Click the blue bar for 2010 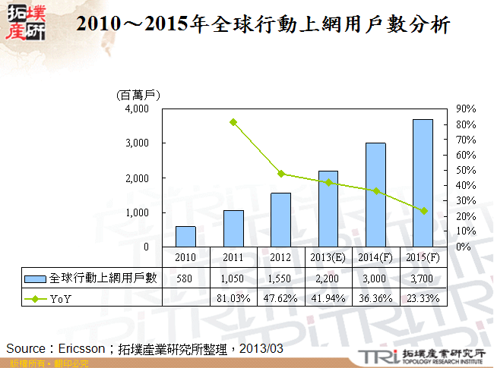point(186,237)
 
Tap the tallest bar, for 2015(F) point(423,183)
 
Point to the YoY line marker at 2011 point(233,122)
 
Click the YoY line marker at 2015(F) point(423,211)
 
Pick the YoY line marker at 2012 point(281,174)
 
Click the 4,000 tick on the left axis point(138,109)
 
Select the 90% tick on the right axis point(466,109)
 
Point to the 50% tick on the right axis point(466,170)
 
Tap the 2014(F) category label point(375,256)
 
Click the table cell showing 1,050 point(233,278)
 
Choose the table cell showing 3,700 point(423,278)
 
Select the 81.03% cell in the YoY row point(233,297)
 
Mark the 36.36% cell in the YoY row point(375,297)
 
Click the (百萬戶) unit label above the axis point(139,95)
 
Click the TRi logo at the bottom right point(376,357)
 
